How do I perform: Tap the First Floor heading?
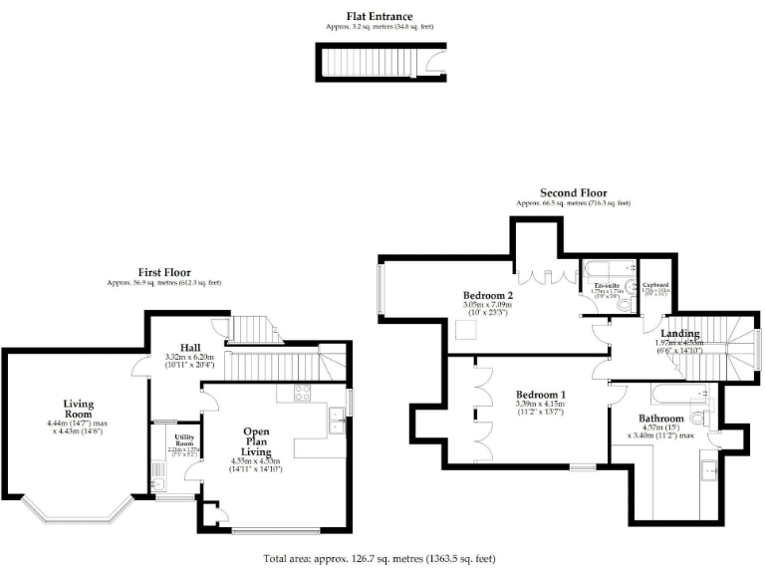click(x=164, y=272)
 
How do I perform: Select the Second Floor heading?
click(x=573, y=192)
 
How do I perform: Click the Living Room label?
click(x=79, y=409)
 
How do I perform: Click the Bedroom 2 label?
click(x=488, y=295)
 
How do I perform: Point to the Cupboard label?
click(x=654, y=284)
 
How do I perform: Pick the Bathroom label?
click(x=660, y=419)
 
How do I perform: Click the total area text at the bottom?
click(x=379, y=558)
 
